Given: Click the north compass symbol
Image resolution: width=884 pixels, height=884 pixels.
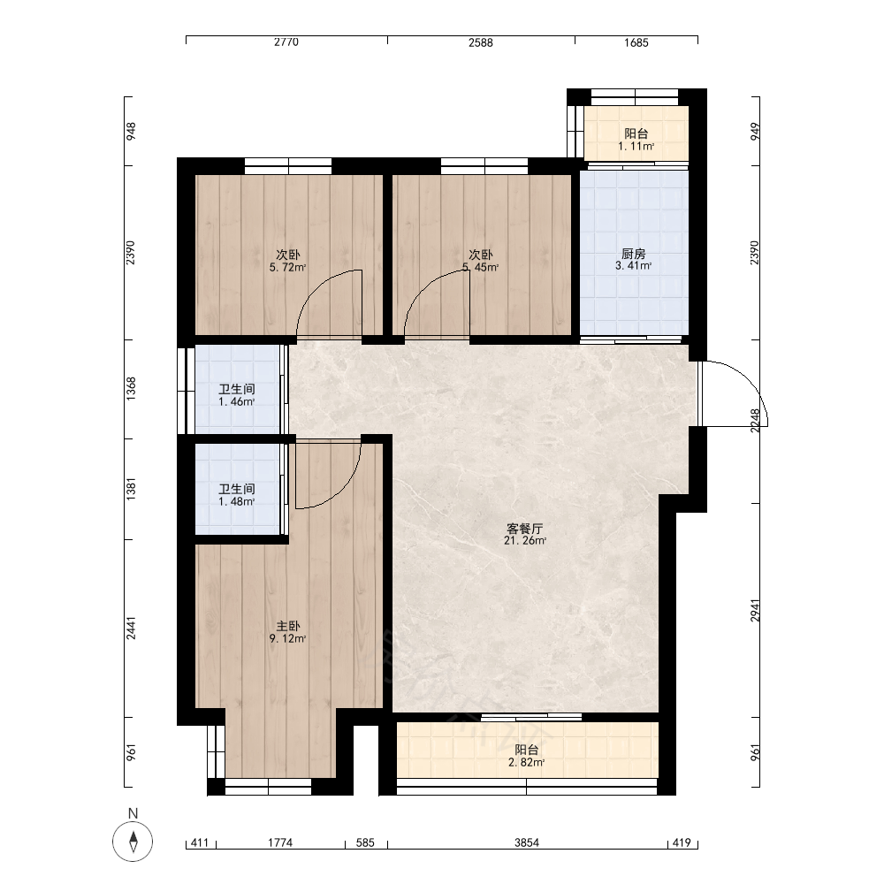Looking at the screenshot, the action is click(x=133, y=842).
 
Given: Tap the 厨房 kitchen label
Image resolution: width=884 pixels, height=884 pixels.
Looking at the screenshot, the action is click(x=634, y=254).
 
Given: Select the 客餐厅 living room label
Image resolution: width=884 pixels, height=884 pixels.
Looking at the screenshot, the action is click(x=525, y=529).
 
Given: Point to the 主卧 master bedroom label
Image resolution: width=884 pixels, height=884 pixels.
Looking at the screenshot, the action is click(x=288, y=626).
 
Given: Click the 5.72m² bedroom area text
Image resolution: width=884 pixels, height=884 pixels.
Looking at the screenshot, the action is click(x=287, y=267).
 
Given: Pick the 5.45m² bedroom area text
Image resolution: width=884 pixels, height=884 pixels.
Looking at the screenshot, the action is click(x=481, y=267).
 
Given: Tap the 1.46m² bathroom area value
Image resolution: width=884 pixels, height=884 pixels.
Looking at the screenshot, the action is click(x=237, y=401).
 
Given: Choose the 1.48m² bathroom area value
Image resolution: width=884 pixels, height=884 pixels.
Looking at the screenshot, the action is click(x=237, y=501).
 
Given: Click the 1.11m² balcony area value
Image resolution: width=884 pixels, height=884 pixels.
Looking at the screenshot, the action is click(x=636, y=146).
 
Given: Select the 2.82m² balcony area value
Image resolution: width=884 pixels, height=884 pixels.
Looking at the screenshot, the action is click(x=527, y=762).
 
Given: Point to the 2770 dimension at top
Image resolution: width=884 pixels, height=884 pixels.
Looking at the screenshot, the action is click(x=286, y=42).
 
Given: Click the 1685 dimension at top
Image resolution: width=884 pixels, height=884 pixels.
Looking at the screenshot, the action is click(x=636, y=42).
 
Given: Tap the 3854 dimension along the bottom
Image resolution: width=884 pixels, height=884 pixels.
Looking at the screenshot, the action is click(x=527, y=842).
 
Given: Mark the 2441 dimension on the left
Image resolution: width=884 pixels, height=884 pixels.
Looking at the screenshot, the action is click(x=131, y=628).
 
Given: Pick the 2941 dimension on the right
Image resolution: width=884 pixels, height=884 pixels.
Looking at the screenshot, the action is click(x=755, y=610).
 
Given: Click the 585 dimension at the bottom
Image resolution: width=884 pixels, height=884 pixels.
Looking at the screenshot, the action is click(x=365, y=842).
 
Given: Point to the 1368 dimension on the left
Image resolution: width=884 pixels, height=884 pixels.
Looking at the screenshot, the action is click(x=131, y=389).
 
